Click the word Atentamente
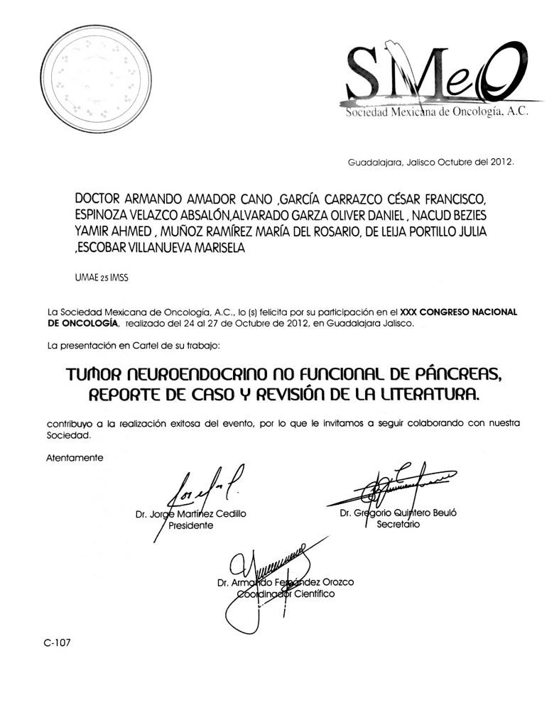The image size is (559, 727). click(x=75, y=457)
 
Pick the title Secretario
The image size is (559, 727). click(x=398, y=525)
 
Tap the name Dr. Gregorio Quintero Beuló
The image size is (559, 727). click(x=398, y=513)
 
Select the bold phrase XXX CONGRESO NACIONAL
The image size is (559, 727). click(x=459, y=311)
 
